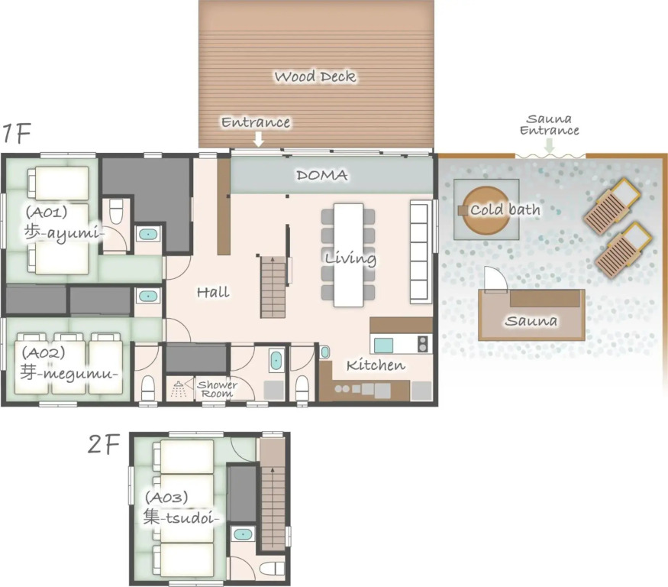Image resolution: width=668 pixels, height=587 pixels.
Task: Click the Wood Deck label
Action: (x=315, y=76)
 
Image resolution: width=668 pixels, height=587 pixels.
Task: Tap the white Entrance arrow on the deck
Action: (x=259, y=139)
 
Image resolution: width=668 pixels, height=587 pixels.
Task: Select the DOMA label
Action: (x=322, y=175)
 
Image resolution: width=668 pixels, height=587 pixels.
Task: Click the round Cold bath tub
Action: (x=486, y=209)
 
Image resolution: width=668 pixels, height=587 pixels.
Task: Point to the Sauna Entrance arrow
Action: (x=550, y=145)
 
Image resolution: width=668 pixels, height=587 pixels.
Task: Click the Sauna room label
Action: (x=531, y=321)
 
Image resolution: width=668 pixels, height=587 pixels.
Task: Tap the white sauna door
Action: (x=495, y=279)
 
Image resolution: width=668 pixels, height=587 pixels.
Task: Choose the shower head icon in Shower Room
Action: (x=179, y=388)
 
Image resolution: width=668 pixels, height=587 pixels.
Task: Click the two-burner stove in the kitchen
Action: (x=423, y=344)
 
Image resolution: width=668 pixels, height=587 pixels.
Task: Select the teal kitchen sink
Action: (x=383, y=345)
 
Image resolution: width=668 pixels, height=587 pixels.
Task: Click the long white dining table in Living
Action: (x=348, y=255)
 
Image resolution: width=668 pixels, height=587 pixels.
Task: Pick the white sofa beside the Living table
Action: (x=419, y=252)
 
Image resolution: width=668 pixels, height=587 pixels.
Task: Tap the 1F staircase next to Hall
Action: (x=273, y=287)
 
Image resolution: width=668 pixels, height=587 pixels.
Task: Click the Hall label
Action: (x=213, y=292)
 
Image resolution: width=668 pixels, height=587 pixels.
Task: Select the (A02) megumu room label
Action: (x=68, y=364)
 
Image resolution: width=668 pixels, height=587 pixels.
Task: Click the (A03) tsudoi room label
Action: (x=181, y=508)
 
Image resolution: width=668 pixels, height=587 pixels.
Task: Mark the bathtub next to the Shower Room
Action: (x=276, y=361)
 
